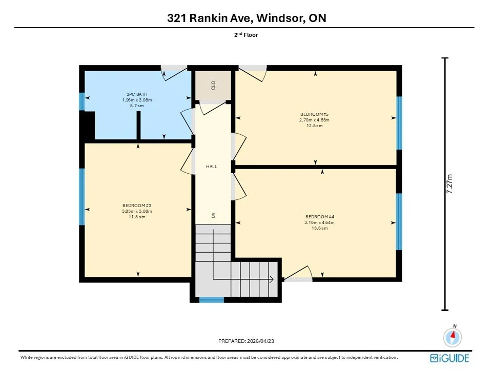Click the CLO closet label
[x=213, y=86]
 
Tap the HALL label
[x=212, y=167]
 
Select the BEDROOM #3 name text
[x=137, y=206]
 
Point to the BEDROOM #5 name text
[x=314, y=114]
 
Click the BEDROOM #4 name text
[x=320, y=217]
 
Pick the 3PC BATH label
[x=137, y=94]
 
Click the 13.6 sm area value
[x=320, y=228]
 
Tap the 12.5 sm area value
[x=314, y=126]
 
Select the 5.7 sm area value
[x=137, y=106]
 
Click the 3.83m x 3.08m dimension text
[x=137, y=211]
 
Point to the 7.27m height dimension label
[x=449, y=183]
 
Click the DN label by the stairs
[x=213, y=215]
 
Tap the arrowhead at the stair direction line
[x=272, y=279]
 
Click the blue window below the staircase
[x=212, y=300]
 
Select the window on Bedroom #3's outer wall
[x=82, y=197]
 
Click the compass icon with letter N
[x=453, y=336]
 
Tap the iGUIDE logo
[x=449, y=358]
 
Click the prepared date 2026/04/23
[x=260, y=341]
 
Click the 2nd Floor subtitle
[x=246, y=35]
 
